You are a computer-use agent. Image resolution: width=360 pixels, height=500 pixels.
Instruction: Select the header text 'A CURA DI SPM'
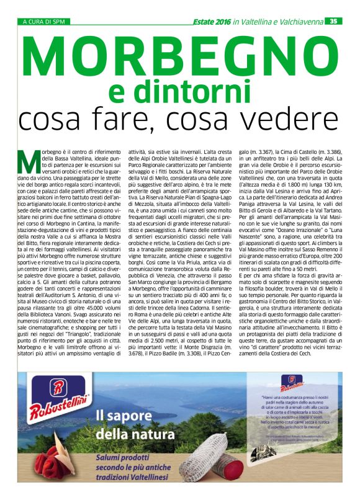pos(43,20)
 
